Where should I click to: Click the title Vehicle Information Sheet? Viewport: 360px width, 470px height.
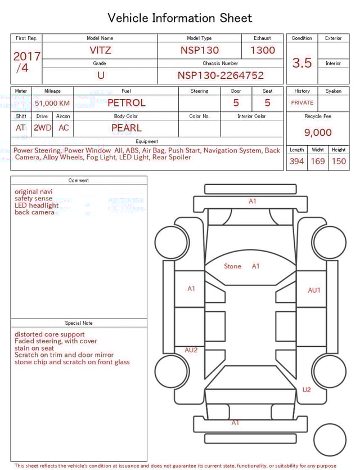click(180, 18)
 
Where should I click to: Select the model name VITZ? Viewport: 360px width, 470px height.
click(100, 50)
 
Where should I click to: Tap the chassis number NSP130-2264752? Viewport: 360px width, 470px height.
click(220, 75)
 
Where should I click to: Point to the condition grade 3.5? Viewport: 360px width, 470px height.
click(302, 63)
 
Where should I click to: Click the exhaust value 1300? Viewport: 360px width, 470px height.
click(263, 50)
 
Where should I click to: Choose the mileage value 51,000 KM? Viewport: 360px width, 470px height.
click(52, 103)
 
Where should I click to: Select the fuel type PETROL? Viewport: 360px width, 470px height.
click(126, 103)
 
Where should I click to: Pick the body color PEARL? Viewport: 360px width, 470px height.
click(126, 128)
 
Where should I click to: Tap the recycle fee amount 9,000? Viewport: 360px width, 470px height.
click(318, 133)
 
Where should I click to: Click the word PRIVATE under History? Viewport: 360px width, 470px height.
click(302, 103)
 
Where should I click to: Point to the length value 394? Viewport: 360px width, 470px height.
click(296, 162)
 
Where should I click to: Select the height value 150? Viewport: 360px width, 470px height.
click(339, 162)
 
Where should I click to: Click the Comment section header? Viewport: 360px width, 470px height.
click(79, 181)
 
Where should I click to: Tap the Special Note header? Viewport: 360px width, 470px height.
click(79, 323)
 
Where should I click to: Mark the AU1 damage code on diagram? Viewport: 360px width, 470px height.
click(314, 290)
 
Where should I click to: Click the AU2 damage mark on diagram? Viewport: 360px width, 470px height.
click(191, 350)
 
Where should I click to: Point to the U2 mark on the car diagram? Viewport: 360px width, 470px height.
click(307, 390)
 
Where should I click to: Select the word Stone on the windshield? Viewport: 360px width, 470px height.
click(232, 266)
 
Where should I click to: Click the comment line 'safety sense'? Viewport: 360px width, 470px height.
click(33, 199)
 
